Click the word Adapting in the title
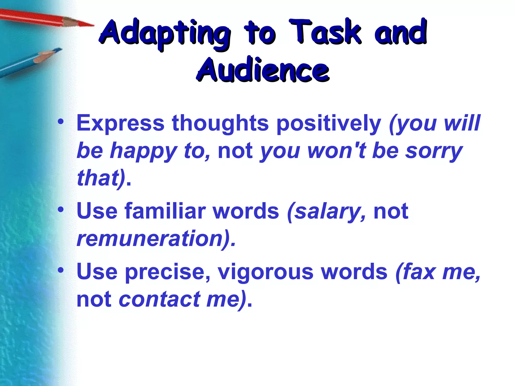point(165,34)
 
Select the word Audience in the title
point(263,70)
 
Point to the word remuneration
point(150,238)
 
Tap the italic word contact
point(160,300)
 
